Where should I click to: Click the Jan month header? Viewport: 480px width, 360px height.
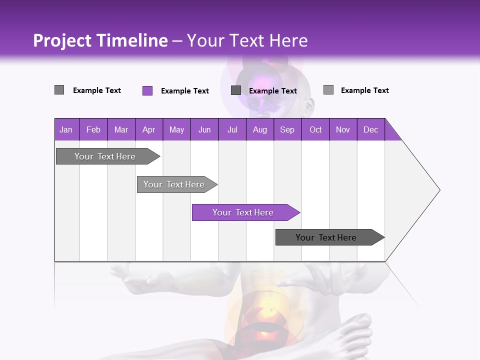pyautogui.click(x=66, y=129)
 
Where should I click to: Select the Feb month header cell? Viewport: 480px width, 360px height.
pyautogui.click(x=93, y=129)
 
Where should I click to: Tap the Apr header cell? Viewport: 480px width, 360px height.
pyautogui.click(x=149, y=129)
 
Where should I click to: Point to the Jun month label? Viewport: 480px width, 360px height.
pyautogui.click(x=204, y=129)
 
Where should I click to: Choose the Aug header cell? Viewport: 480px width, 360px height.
pyautogui.click(x=260, y=129)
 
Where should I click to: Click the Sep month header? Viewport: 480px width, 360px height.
pyautogui.click(x=287, y=129)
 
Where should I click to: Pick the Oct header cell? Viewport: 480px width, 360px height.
pyautogui.click(x=315, y=129)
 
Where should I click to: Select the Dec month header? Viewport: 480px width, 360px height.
pyautogui.click(x=371, y=129)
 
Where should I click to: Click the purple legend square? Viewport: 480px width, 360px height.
pyautogui.click(x=147, y=90)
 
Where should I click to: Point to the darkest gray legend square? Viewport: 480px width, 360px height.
pyautogui.click(x=236, y=90)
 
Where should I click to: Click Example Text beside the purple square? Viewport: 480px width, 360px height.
pyautogui.click(x=184, y=91)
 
